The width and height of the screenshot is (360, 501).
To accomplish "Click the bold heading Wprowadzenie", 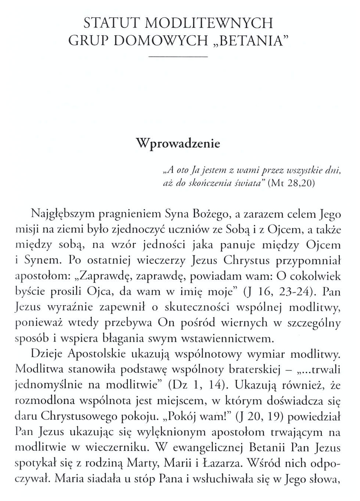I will coord(178,143).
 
